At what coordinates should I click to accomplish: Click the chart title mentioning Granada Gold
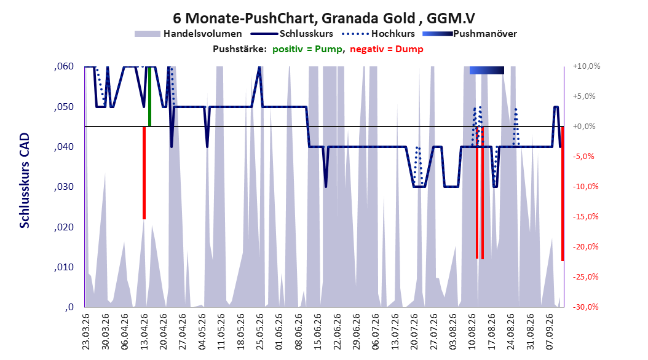[323, 18]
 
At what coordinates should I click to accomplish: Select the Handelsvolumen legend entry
[189, 34]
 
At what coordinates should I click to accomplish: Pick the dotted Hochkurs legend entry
[379, 34]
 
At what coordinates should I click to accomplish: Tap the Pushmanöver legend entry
[470, 34]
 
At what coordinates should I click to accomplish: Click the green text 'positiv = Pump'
[307, 49]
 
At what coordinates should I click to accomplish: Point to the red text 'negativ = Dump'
[387, 49]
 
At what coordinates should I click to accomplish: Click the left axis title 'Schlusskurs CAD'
[25, 181]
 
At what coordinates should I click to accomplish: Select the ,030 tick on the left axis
[64, 187]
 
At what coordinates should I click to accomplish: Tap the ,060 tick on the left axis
[64, 66]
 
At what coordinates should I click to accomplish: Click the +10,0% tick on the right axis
[587, 66]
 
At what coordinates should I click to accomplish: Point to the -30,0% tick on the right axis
[585, 307]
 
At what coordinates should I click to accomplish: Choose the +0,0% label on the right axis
[584, 127]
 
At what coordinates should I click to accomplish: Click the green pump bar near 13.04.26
[149, 96]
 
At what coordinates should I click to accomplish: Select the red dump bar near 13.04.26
[144, 173]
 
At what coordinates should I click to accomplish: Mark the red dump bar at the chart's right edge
[563, 194]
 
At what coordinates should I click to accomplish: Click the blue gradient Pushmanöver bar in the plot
[487, 70]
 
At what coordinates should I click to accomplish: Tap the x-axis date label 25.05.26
[259, 332]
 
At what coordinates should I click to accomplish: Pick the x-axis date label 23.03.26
[86, 332]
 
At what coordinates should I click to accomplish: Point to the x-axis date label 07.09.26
[550, 332]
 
